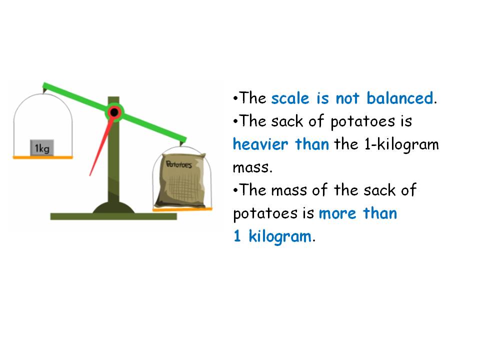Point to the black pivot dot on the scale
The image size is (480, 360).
[114, 112]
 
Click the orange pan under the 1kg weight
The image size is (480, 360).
[42, 157]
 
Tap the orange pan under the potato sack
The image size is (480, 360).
[182, 209]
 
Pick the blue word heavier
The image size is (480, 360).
[260, 144]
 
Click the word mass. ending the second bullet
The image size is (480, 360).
[252, 167]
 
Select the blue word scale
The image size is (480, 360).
[290, 98]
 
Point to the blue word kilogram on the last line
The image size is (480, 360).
[280, 236]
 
